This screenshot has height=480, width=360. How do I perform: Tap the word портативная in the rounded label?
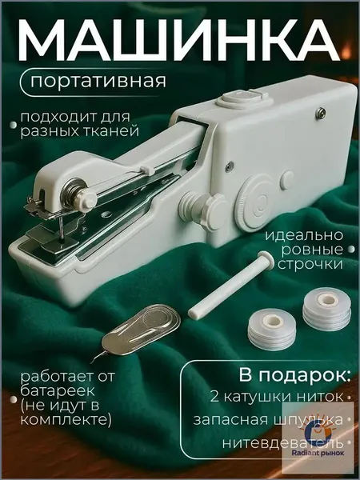[x=98, y=81]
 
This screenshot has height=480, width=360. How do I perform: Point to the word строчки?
[x=310, y=264]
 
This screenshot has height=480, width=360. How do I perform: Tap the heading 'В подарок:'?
[x=294, y=375]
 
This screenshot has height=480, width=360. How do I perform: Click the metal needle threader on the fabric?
[x=137, y=331]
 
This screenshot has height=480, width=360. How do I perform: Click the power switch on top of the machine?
[x=243, y=98]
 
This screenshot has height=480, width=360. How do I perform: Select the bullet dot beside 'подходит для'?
[x=13, y=125]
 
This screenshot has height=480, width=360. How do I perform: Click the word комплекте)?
[x=66, y=419]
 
